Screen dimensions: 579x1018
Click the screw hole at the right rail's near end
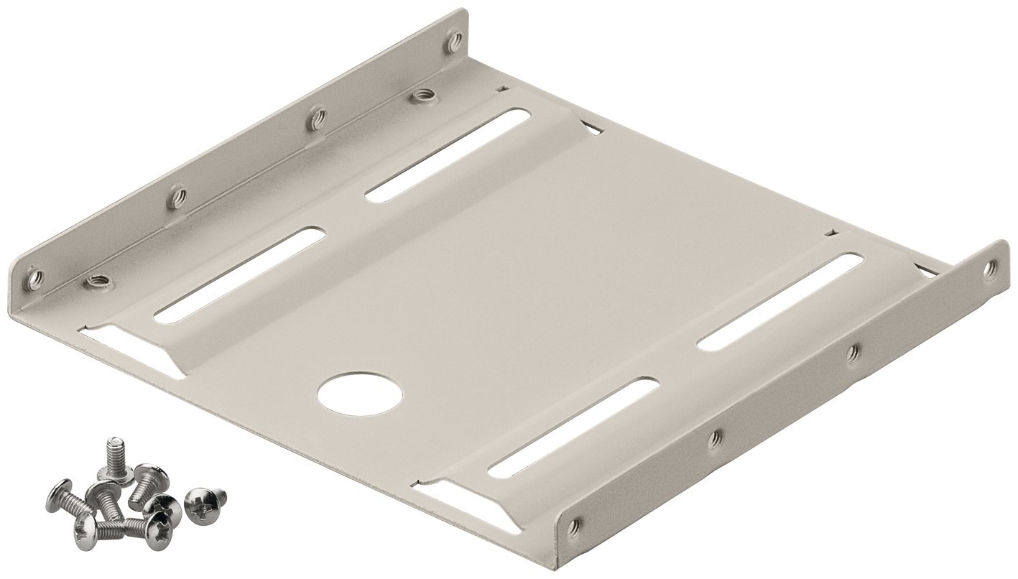click(573, 528)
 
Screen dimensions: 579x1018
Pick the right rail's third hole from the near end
click(852, 353)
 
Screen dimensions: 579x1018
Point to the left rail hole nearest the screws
click(33, 277)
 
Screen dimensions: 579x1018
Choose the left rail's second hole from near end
click(177, 197)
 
